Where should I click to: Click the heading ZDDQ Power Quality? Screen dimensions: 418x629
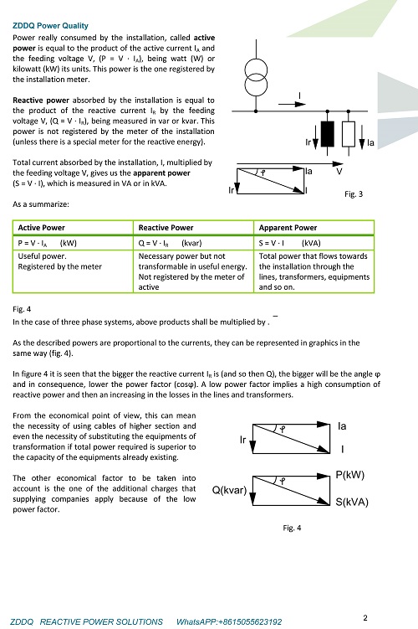[50, 26]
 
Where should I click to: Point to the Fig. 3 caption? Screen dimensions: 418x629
[354, 194]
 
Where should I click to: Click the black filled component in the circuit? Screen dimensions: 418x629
[328, 134]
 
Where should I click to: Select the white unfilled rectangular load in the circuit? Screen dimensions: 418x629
[349, 134]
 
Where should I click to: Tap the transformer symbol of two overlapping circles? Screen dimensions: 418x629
[256, 77]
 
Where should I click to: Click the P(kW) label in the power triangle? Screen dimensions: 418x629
[350, 475]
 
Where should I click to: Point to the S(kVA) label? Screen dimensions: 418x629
[352, 503]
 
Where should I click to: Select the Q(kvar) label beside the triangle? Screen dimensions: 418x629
[229, 490]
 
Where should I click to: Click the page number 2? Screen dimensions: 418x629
[365, 618]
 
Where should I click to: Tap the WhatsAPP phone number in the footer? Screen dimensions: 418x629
[229, 621]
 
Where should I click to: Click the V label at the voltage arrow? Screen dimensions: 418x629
[339, 172]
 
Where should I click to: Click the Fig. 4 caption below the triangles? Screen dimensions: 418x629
[292, 528]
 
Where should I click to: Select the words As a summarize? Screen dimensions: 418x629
[40, 204]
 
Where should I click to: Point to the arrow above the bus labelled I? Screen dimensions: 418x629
[292, 105]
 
